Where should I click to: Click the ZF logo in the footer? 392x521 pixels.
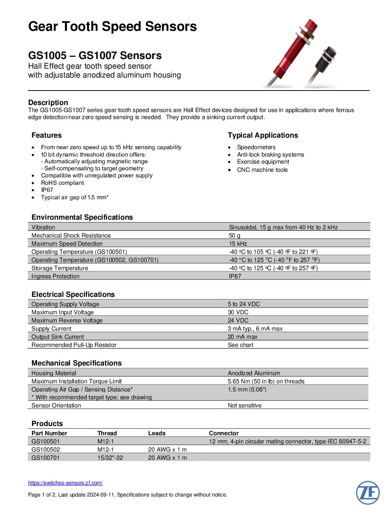tap(368, 493)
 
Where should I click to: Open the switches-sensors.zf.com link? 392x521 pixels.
tap(65, 483)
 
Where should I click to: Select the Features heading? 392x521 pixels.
tap(46, 135)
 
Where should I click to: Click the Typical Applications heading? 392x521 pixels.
tap(263, 135)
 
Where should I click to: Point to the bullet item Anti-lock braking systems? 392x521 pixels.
tap(270, 155)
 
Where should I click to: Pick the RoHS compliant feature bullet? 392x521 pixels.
tap(62, 183)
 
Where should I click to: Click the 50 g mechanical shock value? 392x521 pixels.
tap(235, 236)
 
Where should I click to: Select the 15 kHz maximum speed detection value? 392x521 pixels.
tap(238, 244)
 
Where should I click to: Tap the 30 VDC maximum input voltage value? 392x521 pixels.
tap(238, 312)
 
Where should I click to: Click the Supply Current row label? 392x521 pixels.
tap(51, 329)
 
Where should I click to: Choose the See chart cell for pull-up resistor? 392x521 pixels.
tap(240, 345)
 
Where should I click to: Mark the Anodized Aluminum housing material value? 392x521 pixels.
tap(254, 373)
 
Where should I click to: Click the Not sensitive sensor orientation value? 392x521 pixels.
tap(245, 406)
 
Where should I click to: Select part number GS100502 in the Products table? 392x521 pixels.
tap(46, 450)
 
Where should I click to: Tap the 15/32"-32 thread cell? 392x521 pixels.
tap(110, 458)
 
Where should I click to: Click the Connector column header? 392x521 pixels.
tap(224, 433)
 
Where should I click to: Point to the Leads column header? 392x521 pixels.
tap(157, 433)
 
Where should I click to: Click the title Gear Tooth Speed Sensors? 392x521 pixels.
tap(112, 27)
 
